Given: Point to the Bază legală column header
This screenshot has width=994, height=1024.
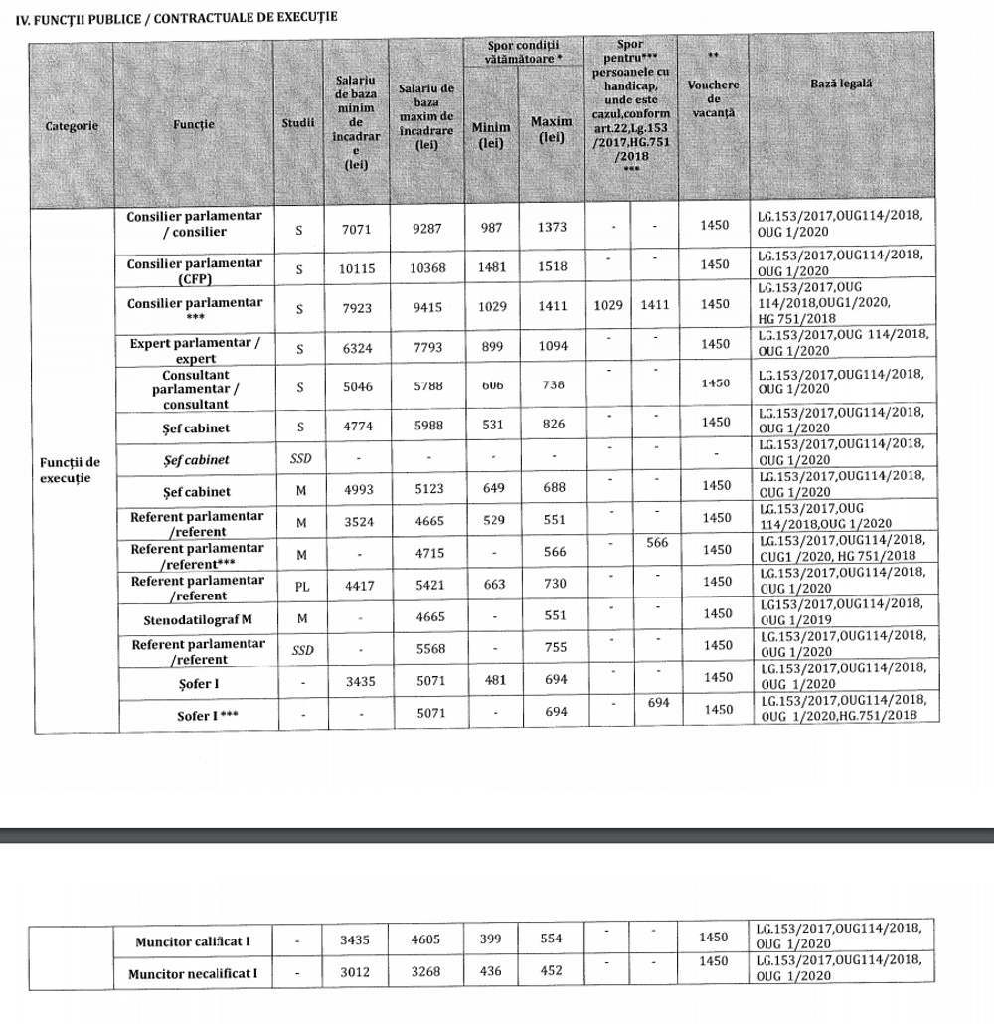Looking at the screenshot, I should (x=842, y=84).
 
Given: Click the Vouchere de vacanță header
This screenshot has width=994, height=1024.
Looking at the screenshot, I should (x=714, y=99).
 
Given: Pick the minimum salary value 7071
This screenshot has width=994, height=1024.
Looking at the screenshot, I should (x=355, y=227).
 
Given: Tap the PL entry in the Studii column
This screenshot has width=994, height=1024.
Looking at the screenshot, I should (x=298, y=586).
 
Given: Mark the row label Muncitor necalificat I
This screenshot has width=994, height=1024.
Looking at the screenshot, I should (x=193, y=973).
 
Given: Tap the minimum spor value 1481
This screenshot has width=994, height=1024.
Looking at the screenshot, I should (x=491, y=267).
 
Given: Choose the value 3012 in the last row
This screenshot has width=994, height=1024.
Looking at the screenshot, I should (x=355, y=971).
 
